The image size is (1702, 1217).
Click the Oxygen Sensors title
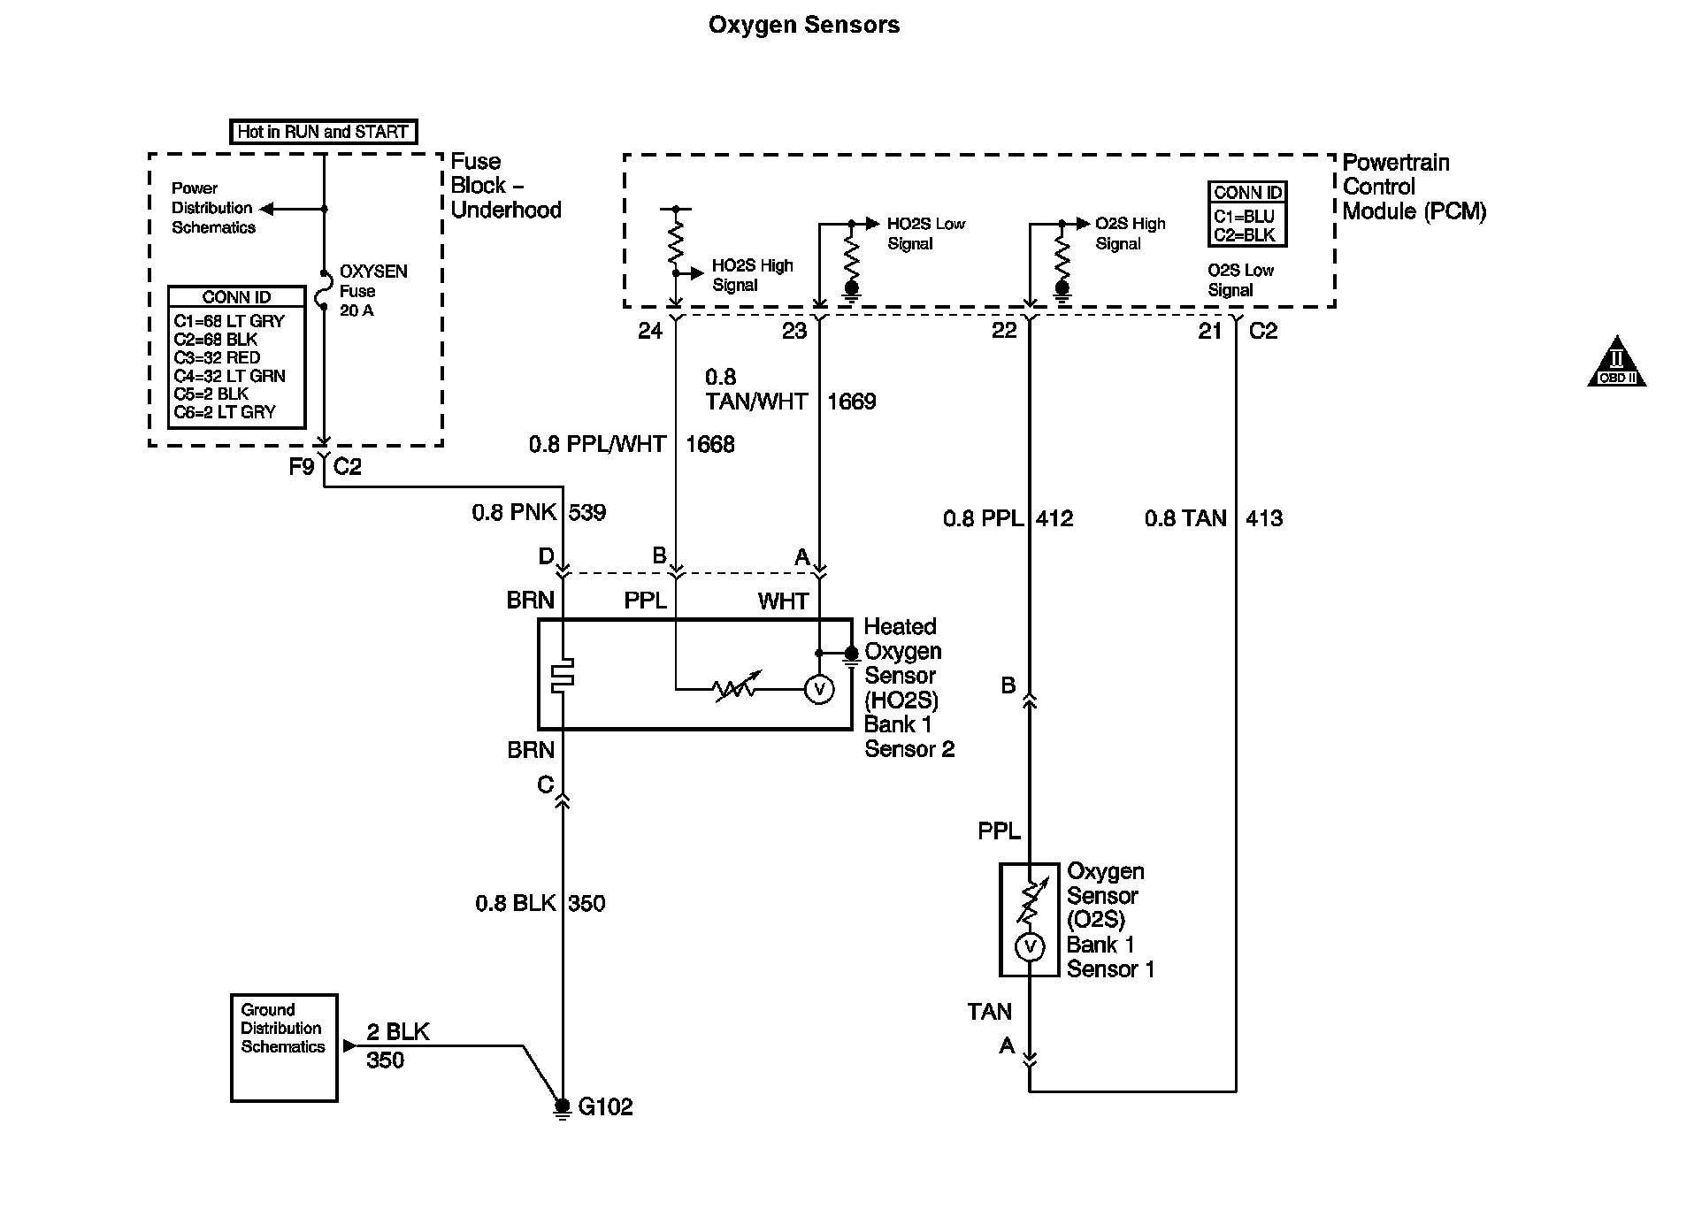[803, 25]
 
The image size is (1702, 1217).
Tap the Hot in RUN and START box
[323, 132]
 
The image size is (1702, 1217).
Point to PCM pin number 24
[650, 331]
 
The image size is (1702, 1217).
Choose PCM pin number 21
[1209, 331]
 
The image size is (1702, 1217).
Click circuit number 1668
[710, 444]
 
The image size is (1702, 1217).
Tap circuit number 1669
[851, 402]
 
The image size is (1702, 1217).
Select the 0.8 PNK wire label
[514, 512]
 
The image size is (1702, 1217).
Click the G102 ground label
[605, 1106]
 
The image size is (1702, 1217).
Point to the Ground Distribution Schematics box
[284, 1047]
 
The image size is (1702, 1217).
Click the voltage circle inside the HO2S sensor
[819, 689]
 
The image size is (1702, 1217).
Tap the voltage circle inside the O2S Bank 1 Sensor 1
[1030, 947]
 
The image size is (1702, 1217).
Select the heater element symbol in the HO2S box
[563, 675]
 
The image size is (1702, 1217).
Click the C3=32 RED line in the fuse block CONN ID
[218, 357]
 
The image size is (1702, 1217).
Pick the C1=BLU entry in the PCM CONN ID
[1244, 217]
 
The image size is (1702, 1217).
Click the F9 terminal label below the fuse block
[302, 466]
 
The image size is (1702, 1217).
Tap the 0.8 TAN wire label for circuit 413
[1185, 518]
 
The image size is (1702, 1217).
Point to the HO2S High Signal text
[752, 275]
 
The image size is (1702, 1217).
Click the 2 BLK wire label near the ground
[398, 1031]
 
